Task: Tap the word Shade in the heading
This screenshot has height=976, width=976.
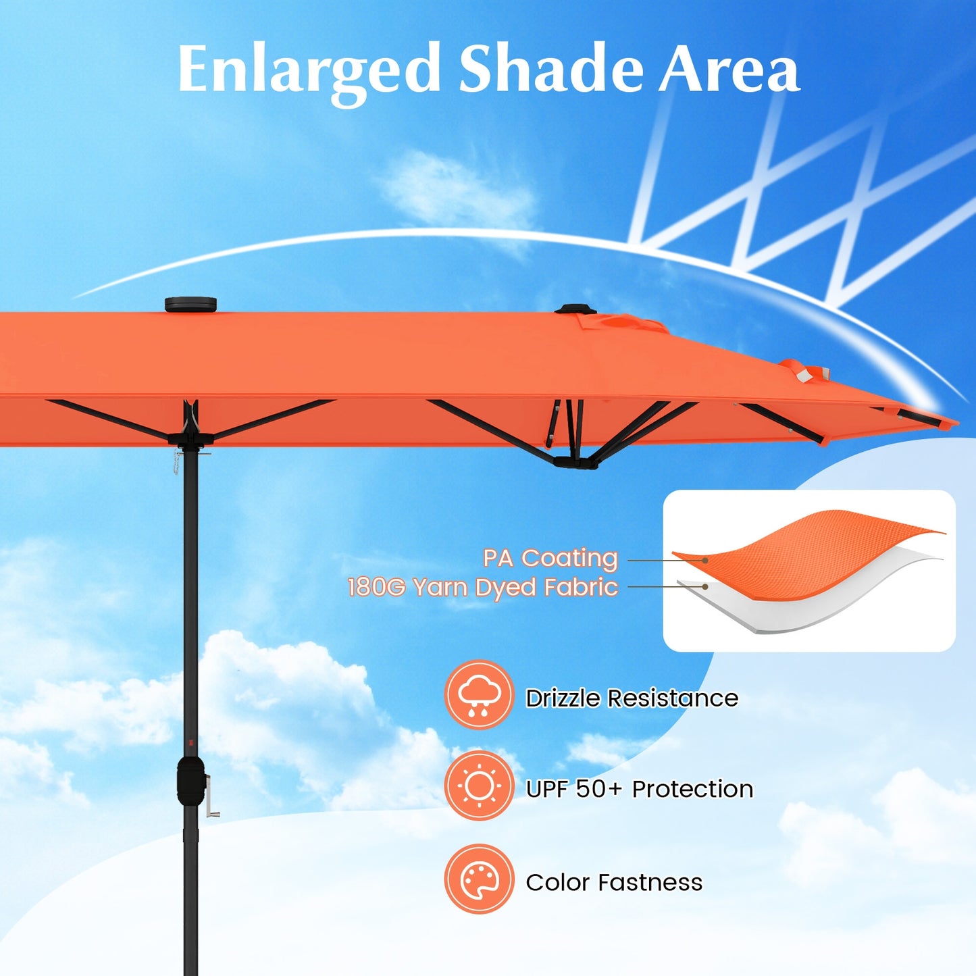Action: click(550, 69)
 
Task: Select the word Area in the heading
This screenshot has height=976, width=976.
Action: click(729, 70)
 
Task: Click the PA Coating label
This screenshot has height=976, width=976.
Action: click(550, 558)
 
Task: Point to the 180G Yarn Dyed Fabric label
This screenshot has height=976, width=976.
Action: click(482, 587)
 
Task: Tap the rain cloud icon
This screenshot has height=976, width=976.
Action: click(479, 695)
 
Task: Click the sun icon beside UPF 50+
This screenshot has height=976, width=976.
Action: click(479, 786)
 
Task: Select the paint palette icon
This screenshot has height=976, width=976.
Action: click(479, 879)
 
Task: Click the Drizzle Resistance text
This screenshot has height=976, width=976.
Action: click(632, 698)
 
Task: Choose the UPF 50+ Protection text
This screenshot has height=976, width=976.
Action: click(639, 788)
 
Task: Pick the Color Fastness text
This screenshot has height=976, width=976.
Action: click(614, 882)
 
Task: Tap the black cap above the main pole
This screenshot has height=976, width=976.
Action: click(190, 304)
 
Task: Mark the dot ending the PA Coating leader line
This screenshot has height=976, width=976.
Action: click(705, 560)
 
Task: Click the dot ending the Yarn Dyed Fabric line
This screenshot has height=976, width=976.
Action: click(705, 587)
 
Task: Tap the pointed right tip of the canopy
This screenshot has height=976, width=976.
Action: click(954, 423)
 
